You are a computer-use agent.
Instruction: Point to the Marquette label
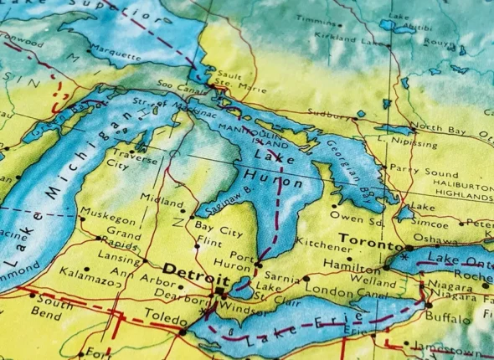[x=116, y=56]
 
